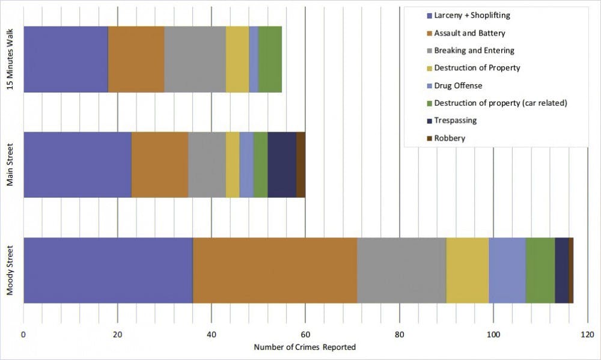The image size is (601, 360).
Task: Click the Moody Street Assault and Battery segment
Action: click(x=275, y=270)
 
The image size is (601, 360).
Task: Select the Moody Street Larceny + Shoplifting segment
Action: click(x=108, y=270)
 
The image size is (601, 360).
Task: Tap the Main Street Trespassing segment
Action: click(x=282, y=165)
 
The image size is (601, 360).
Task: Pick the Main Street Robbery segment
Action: click(x=300, y=165)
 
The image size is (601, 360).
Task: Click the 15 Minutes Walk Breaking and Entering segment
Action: click(x=195, y=59)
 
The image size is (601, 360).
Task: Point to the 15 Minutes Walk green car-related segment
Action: click(x=270, y=59)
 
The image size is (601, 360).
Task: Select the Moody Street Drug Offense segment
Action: click(x=507, y=270)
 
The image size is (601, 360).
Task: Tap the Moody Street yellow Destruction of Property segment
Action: click(x=467, y=270)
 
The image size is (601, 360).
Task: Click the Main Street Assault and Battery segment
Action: click(x=160, y=165)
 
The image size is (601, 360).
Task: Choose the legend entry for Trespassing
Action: click(x=455, y=120)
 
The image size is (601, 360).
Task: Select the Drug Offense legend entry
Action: click(x=458, y=85)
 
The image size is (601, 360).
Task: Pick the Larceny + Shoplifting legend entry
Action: click(x=472, y=15)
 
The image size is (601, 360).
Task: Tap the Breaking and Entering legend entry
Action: click(x=474, y=50)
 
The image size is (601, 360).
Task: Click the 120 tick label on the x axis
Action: click(x=587, y=334)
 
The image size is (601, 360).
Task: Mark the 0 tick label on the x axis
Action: click(x=23, y=334)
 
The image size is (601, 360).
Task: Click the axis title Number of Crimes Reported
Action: click(x=305, y=347)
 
